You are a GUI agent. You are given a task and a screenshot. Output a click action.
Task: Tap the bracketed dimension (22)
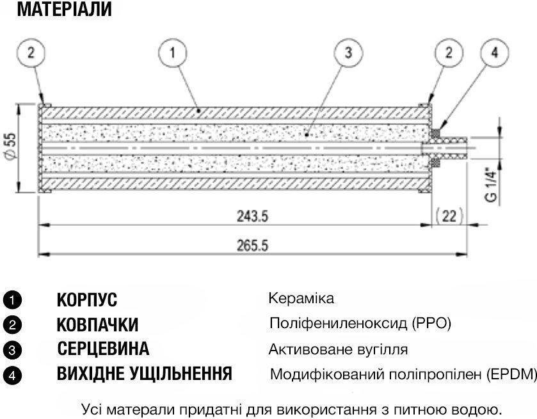click(449, 216)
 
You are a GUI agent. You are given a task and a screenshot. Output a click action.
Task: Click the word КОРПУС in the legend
click(87, 299)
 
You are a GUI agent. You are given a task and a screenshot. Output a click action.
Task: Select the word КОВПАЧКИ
click(97, 324)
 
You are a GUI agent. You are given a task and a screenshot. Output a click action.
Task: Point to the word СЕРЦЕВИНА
click(103, 349)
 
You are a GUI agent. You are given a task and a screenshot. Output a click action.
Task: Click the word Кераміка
click(301, 299)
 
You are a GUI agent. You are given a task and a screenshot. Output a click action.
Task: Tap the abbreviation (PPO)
click(431, 324)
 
